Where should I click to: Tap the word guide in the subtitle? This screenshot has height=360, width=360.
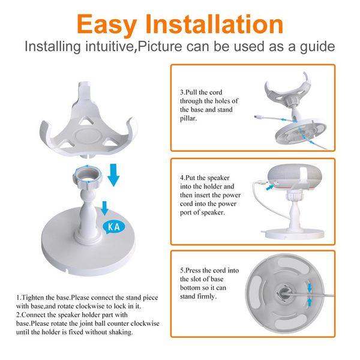[x=316, y=47]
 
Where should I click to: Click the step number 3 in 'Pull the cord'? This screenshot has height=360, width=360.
[x=182, y=92]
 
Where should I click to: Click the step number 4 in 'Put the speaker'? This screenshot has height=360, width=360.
[x=182, y=178]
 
